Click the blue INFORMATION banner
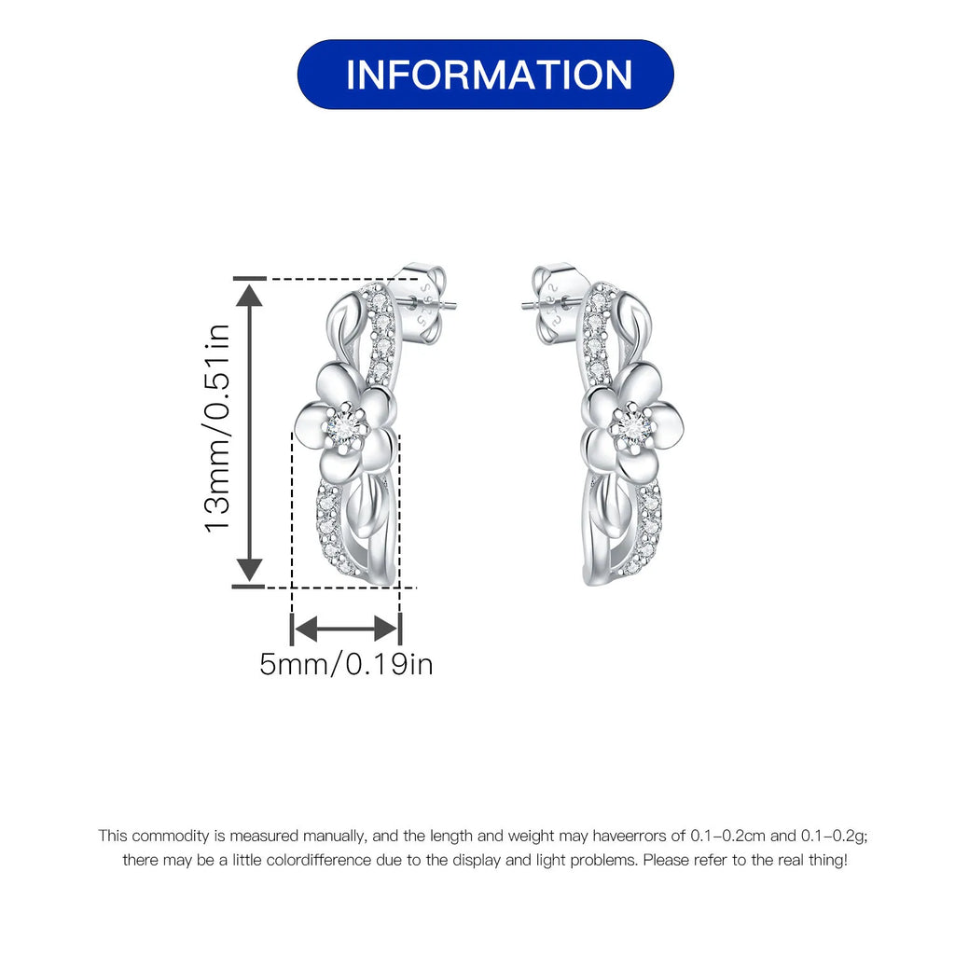485,75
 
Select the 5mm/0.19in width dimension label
346,664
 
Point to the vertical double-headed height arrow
249,432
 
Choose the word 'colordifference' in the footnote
318,860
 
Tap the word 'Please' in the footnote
665,860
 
